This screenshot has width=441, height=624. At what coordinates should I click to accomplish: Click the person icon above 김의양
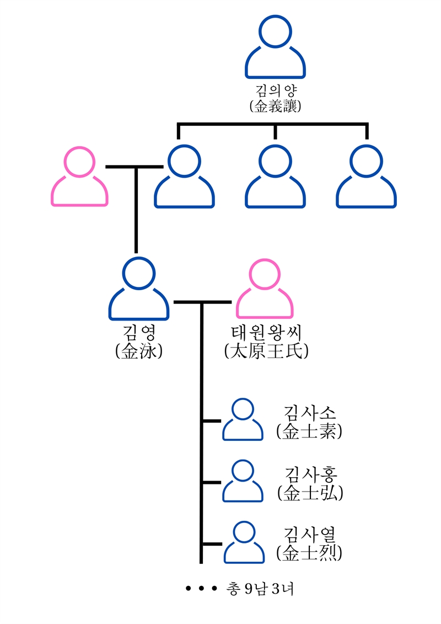coord(275,49)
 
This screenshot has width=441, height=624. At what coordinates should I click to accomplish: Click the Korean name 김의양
coord(275,91)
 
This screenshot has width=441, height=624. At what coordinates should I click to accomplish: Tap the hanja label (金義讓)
coord(275,106)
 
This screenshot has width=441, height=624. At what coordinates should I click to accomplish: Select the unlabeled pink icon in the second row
coord(79,177)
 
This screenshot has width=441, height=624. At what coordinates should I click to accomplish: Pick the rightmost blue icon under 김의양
coord(366,177)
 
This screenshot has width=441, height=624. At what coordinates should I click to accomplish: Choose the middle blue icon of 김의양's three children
coord(275,177)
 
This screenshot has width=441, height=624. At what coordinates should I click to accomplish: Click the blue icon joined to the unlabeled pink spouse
coord(184,177)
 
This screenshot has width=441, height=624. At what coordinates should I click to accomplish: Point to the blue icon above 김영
coord(139,289)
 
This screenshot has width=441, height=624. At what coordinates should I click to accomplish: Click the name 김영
coord(139,333)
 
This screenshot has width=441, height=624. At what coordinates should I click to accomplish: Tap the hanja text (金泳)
coord(139,351)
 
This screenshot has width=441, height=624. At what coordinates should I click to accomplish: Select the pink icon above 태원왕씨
coord(265,289)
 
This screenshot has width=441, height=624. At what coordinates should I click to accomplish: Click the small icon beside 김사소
coord(243,420)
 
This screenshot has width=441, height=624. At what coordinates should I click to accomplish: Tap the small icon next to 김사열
coord(243,543)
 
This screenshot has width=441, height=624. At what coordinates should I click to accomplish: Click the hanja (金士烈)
coord(310,552)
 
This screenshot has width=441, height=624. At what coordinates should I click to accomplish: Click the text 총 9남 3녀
coord(260,589)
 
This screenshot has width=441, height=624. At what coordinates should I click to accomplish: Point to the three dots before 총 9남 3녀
coord(202,589)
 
